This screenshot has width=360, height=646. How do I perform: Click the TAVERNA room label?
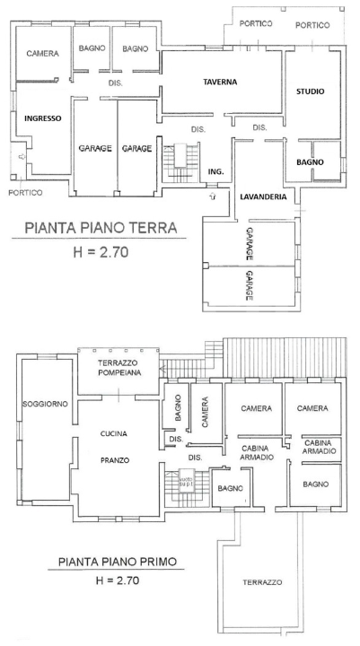[220, 82]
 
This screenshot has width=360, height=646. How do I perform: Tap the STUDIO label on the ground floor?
[311, 92]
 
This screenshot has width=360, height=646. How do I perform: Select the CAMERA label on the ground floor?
[42, 54]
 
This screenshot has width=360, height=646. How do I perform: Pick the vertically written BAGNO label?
[179, 411]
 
